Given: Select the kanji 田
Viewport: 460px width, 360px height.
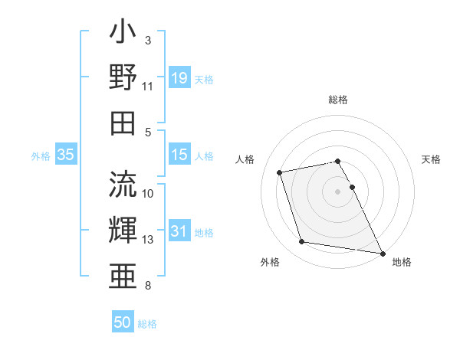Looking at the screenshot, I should (x=123, y=123).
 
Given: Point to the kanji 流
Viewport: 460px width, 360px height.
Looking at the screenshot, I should (x=123, y=185).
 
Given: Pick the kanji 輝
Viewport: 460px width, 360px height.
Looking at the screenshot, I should (x=123, y=231).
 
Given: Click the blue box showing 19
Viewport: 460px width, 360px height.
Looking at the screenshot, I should (x=179, y=77).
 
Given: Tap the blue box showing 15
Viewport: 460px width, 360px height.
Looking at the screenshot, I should (x=179, y=155).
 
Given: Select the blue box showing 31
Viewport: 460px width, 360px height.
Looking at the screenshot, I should (x=179, y=232).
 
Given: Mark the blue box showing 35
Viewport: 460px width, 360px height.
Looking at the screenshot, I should (x=65, y=155).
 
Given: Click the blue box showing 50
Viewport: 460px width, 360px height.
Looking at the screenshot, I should (x=123, y=322).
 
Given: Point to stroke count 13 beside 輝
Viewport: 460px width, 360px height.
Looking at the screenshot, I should (x=148, y=240).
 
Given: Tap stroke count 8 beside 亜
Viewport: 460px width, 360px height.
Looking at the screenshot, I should (x=148, y=286).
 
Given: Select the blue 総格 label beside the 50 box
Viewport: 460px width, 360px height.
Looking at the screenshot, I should (x=147, y=324).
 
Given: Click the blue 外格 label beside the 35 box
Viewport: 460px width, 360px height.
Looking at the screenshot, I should (x=41, y=156).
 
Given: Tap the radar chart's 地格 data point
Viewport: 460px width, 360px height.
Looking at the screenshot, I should (x=382, y=253).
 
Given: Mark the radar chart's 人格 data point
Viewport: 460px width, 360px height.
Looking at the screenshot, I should (x=280, y=172).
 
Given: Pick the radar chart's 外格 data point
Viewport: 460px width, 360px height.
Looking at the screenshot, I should (x=302, y=242).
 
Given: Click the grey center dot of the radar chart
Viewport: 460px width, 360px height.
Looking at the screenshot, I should (x=337, y=191).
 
